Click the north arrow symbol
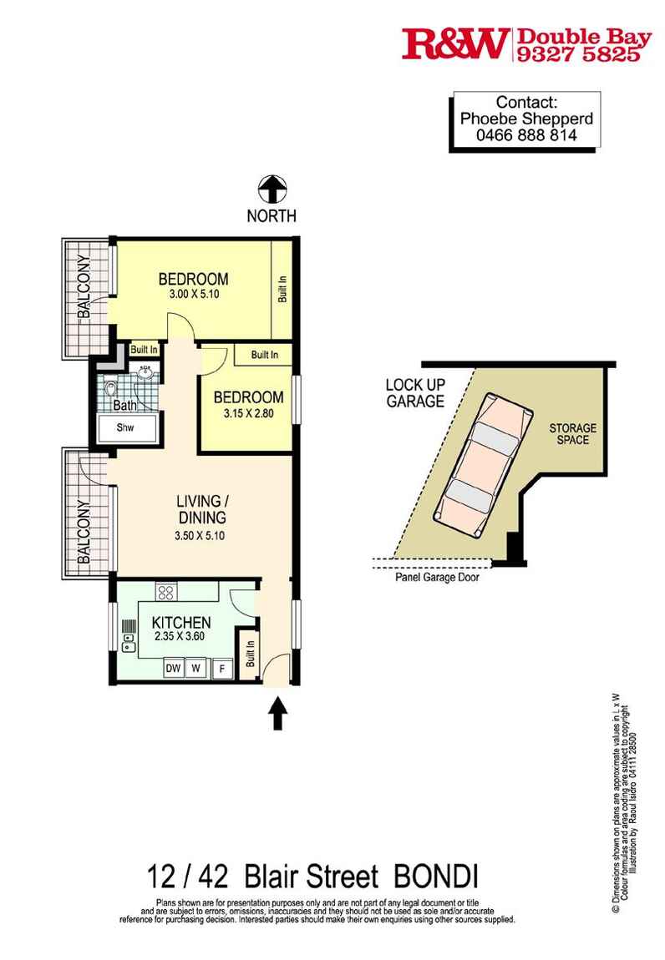272,189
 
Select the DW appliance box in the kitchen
174,667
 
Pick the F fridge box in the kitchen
222,669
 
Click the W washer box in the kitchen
196,667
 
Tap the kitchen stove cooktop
165,592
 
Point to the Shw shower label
125,427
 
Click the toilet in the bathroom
110,389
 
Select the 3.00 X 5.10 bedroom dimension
195,295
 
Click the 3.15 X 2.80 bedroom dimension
248,413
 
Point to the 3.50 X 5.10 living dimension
200,536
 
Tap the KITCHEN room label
181,623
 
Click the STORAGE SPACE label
572,433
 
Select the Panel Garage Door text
437,578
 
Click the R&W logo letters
455,44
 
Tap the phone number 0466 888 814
526,135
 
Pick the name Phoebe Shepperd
526,119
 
